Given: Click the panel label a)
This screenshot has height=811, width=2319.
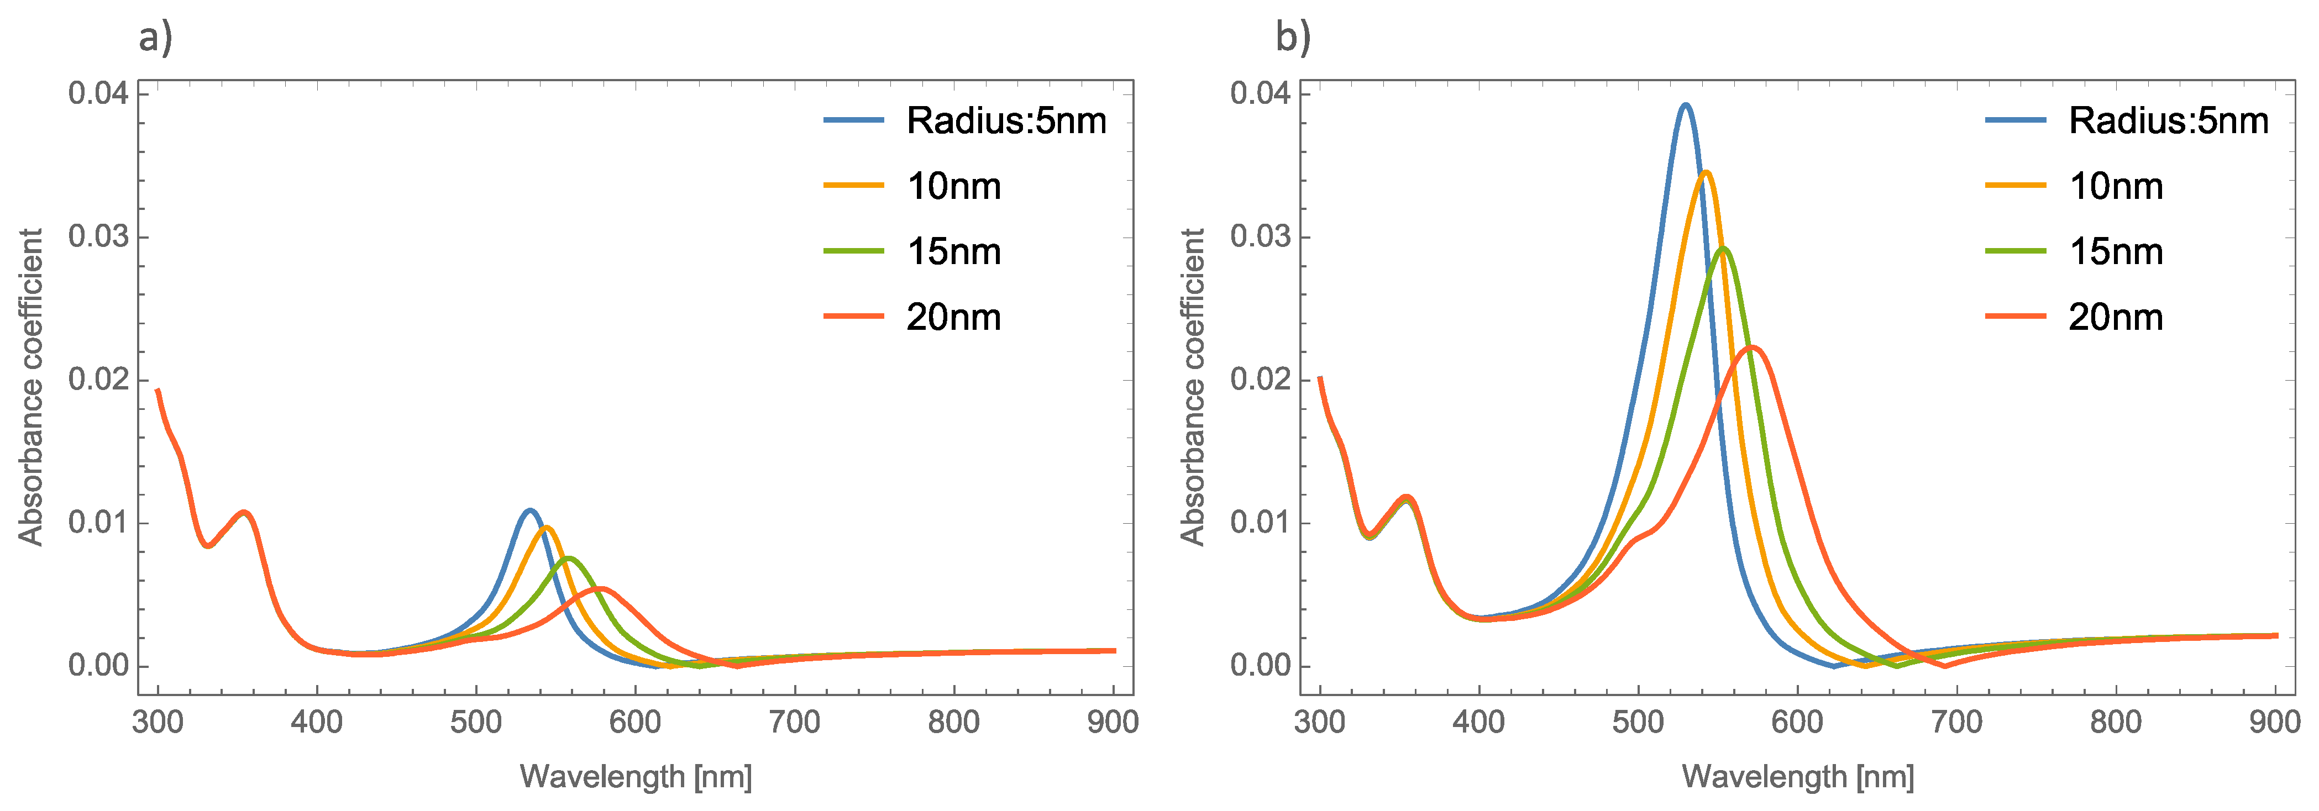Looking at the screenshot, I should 155,38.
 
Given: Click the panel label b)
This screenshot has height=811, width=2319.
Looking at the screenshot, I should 1293,38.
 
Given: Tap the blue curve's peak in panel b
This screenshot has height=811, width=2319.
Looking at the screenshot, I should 1685,106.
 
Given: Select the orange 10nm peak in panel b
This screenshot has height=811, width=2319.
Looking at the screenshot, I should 1705,172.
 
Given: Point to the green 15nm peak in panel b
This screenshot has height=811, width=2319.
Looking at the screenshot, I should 1723,249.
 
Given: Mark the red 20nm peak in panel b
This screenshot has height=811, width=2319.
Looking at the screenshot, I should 1752,347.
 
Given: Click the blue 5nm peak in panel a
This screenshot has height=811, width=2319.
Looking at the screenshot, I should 529,510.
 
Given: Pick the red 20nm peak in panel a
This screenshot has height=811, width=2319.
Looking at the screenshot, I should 600,589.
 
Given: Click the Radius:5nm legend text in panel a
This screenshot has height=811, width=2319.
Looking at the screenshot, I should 1005,120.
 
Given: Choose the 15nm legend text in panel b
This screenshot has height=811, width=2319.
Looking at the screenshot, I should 2116,251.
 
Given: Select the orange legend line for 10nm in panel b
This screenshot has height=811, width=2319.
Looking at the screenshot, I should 2014,186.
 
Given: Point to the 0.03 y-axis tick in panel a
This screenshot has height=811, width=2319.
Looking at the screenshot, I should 98,237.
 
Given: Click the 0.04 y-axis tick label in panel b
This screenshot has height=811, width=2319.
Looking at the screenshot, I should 1260,93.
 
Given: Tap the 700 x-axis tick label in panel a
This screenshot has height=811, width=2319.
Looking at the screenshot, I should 794,722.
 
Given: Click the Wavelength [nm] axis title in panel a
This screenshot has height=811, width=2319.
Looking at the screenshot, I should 636,776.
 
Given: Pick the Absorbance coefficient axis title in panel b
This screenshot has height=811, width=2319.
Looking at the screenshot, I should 1192,387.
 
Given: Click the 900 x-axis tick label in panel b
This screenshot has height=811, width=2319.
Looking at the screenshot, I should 2274,722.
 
